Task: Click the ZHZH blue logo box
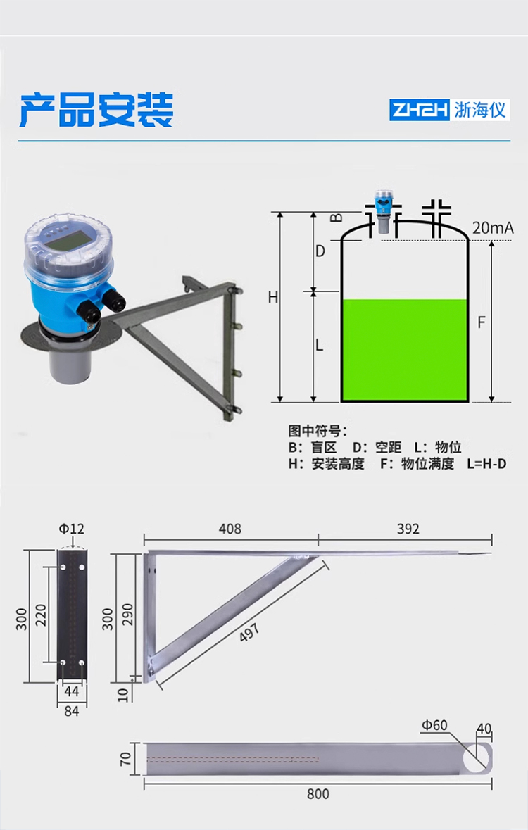[x=420, y=110]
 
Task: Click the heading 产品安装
[x=96, y=110]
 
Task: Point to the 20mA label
[x=493, y=228]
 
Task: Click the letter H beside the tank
[x=272, y=298]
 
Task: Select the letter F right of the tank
[x=482, y=322]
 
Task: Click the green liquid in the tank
[x=405, y=349]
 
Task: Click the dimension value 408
[x=230, y=529]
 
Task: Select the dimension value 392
[x=408, y=529]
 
